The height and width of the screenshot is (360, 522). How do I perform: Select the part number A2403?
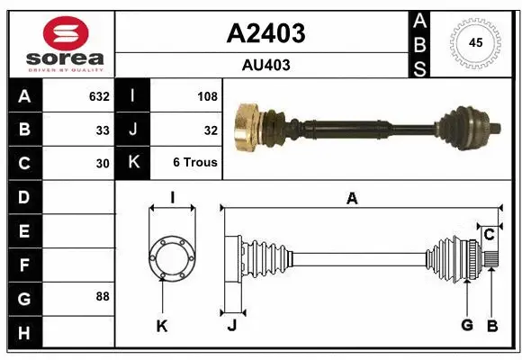[x=265, y=34]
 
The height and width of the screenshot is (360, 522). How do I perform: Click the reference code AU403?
[x=265, y=65]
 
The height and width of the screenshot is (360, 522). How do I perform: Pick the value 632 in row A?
[x=99, y=96]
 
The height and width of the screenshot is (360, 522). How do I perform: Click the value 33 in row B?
[x=103, y=130]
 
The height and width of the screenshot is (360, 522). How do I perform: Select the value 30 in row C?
[x=103, y=164]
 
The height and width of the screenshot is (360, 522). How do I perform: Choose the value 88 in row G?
[x=103, y=296]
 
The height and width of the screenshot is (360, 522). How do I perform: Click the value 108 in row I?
[x=207, y=96]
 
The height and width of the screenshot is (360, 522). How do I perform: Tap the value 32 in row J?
[x=211, y=130]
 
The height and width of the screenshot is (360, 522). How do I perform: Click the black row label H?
[x=23, y=333]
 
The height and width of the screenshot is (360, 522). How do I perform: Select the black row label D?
[x=23, y=197]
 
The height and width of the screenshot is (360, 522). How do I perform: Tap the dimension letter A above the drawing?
[x=352, y=199]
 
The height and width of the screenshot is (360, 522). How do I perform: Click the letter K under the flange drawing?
[x=162, y=326]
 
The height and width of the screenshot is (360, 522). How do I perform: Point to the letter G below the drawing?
[x=467, y=325]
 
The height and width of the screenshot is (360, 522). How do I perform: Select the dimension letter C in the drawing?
[x=489, y=235]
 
